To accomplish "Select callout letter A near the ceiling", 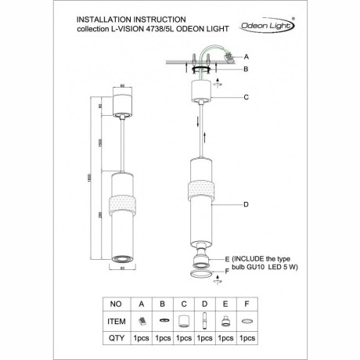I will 247,58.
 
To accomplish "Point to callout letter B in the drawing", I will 247,70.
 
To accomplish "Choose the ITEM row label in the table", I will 116,319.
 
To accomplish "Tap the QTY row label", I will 116,339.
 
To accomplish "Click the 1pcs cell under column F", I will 249,339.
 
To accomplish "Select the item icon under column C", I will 183,319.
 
